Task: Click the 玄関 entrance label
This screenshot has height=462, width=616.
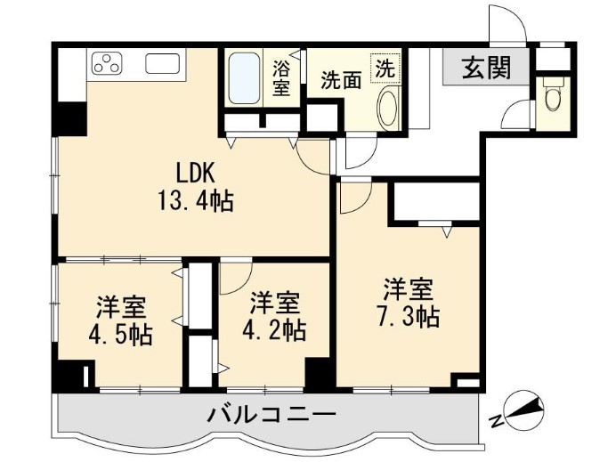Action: point(486,68)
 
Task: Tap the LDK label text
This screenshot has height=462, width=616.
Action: point(195,173)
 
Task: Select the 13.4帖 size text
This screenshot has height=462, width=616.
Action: point(196,200)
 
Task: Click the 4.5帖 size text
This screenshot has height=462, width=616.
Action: point(121,335)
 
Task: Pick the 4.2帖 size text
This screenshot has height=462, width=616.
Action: point(274,330)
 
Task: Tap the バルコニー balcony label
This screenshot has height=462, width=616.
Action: point(272,415)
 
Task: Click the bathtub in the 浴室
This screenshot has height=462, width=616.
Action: point(244,78)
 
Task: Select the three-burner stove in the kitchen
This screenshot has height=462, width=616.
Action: point(107,63)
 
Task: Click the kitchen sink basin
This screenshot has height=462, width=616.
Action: point(162,63)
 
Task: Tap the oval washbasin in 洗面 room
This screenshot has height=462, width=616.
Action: point(388,109)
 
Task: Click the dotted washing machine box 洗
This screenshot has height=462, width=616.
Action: point(385,69)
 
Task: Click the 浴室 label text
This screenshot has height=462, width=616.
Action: point(281,78)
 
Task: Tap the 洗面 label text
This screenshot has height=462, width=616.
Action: point(341,80)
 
